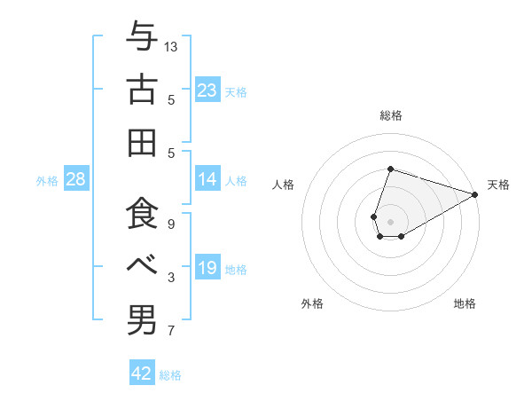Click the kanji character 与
tap(142, 37)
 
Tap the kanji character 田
tap(142, 142)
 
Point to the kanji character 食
tap(142, 215)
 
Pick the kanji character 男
tap(142, 319)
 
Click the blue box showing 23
tap(207, 90)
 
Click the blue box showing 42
tap(142, 374)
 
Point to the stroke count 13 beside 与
tap(171, 46)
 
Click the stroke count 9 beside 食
tap(171, 224)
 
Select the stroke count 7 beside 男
tap(171, 332)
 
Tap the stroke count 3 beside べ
tap(171, 278)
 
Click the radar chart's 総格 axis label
tap(390, 116)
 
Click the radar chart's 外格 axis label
tap(312, 303)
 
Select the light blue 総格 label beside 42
tap(170, 375)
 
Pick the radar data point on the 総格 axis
tap(390, 169)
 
